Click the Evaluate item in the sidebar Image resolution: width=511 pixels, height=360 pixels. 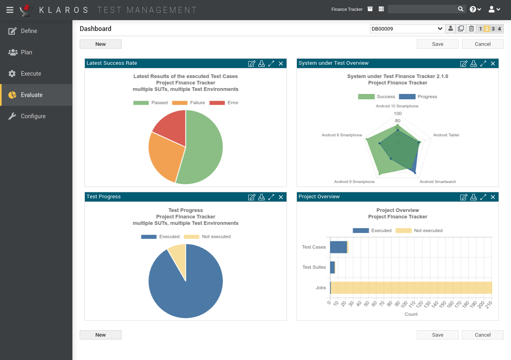click(31, 95)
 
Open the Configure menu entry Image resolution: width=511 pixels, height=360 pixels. click(33, 116)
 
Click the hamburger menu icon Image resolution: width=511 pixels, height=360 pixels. click(10, 10)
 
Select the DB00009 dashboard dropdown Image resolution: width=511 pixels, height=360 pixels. click(407, 29)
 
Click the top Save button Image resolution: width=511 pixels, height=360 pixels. click(437, 44)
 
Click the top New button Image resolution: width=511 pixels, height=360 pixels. click(101, 44)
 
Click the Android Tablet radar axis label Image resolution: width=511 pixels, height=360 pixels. click(446, 135)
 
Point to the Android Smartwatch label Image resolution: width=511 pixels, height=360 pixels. click(438, 182)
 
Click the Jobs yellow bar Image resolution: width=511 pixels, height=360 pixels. click(410, 288)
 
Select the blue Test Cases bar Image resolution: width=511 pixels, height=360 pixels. click(338, 247)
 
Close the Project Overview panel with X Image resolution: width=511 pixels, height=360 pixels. click(493, 197)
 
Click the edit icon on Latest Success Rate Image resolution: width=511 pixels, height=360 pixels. click(251, 64)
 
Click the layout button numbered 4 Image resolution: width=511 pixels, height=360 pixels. click(499, 29)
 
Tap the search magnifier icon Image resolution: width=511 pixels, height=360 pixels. click(461, 9)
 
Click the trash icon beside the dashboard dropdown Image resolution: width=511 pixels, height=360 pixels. click(471, 29)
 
